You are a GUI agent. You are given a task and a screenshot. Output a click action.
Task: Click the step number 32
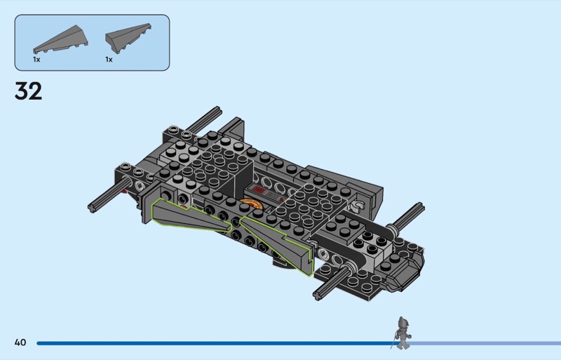point(28,91)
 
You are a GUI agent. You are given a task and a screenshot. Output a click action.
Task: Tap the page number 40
point(20,342)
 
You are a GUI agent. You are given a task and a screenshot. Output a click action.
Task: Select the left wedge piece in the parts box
point(60,39)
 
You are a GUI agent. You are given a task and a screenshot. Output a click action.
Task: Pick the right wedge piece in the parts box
point(128,38)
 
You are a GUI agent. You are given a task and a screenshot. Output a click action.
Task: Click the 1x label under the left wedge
point(36,60)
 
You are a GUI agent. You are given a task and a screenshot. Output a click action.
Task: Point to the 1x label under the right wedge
point(109,60)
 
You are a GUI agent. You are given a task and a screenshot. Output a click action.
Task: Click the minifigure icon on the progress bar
point(403,333)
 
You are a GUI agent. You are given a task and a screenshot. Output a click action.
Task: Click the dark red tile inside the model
point(257,191)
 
